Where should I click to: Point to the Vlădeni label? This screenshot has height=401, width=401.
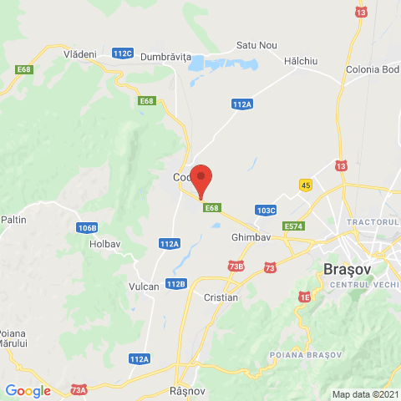pos(81,53)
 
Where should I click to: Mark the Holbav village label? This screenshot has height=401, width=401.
pos(106,245)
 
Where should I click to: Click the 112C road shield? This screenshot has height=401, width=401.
pos(123,53)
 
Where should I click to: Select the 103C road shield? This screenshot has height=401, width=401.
pos(266,210)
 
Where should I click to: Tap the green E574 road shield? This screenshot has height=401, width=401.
pos(293,226)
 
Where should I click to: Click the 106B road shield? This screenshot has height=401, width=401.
pos(87,227)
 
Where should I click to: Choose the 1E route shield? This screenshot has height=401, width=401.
pos(305,296)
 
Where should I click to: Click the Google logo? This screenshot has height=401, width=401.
pos(28,390)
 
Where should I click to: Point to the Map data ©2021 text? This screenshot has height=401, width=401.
pos(363,394)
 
